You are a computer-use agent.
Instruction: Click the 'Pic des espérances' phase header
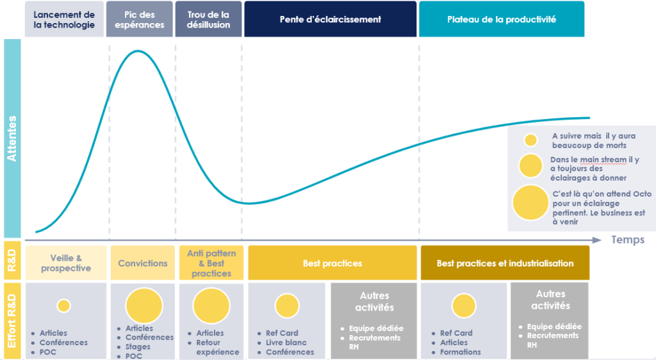click(139, 19)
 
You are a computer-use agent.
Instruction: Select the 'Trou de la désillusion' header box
click(208, 19)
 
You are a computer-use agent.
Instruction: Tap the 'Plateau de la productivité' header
click(502, 19)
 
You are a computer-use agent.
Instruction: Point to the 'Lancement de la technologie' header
click(64, 19)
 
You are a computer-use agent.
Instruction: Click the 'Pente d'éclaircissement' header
click(331, 19)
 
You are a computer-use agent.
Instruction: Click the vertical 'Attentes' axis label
click(12, 138)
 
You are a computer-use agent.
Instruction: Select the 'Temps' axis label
click(628, 240)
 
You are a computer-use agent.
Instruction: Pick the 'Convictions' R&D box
click(143, 263)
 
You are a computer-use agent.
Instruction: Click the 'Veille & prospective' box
click(66, 263)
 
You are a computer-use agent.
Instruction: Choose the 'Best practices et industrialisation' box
click(505, 263)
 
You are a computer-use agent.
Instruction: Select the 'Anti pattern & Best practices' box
click(211, 263)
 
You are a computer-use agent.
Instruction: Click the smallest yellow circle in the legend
click(531, 140)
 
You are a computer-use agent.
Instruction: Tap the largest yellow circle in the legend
click(530, 203)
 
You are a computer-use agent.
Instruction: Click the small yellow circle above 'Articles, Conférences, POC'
click(63, 306)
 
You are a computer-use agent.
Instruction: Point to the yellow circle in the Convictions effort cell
click(144, 306)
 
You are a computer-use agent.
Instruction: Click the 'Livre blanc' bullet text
click(286, 343)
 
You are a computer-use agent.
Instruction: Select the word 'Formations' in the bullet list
click(460, 352)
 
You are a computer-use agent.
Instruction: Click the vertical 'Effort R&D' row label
click(12, 321)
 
